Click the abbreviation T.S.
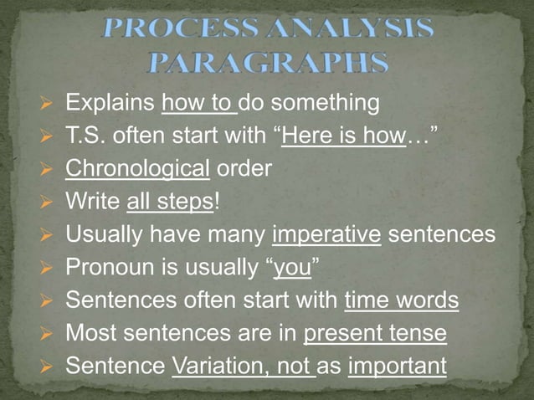tap(85, 136)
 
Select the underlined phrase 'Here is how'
tap(342, 136)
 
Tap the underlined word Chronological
tap(137, 169)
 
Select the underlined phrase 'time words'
tap(401, 300)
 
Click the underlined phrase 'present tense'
tap(374, 333)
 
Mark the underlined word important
tap(397, 366)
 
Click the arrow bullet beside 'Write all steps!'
tap(47, 203)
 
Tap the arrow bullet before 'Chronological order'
tap(47, 170)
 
